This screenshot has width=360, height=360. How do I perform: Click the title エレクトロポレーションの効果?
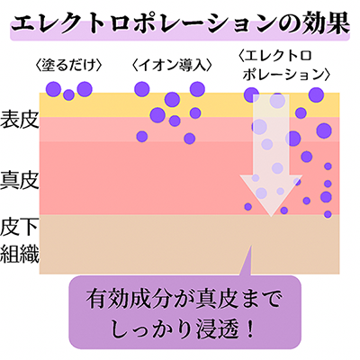click(x=180, y=24)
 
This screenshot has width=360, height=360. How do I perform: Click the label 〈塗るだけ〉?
click(x=68, y=66)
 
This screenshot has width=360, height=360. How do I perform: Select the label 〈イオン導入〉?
click(x=172, y=66)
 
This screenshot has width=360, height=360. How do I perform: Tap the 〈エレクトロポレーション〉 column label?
click(x=284, y=66)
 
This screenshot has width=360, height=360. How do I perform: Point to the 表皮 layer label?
click(x=20, y=119)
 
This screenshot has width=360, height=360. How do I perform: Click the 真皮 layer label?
click(x=20, y=180)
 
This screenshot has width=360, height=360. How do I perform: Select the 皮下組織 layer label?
click(x=20, y=241)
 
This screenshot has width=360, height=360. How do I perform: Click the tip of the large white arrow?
click(x=271, y=217)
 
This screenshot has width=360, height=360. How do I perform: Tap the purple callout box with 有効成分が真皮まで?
click(x=185, y=312)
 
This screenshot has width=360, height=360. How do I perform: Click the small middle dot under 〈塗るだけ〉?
click(x=68, y=94)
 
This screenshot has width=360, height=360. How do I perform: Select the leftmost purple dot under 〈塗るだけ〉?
click(x=53, y=89)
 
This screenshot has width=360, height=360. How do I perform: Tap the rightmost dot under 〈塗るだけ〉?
click(x=85, y=89)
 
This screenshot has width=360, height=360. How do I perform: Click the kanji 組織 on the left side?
click(x=20, y=254)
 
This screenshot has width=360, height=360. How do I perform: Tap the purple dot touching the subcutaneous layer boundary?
click(x=328, y=214)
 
